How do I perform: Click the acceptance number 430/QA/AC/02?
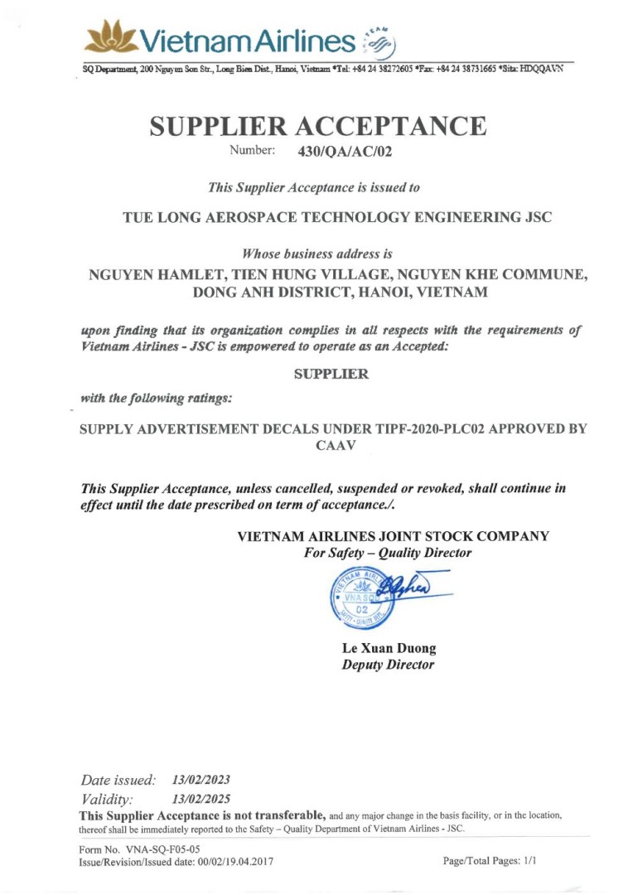tap(344, 152)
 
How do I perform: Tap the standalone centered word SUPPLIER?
tap(331, 374)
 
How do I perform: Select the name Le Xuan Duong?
tap(389, 648)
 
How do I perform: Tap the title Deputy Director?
tap(388, 665)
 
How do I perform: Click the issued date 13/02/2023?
tap(201, 780)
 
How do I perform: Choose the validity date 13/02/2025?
tap(201, 800)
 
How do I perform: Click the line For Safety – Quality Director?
tap(388, 553)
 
